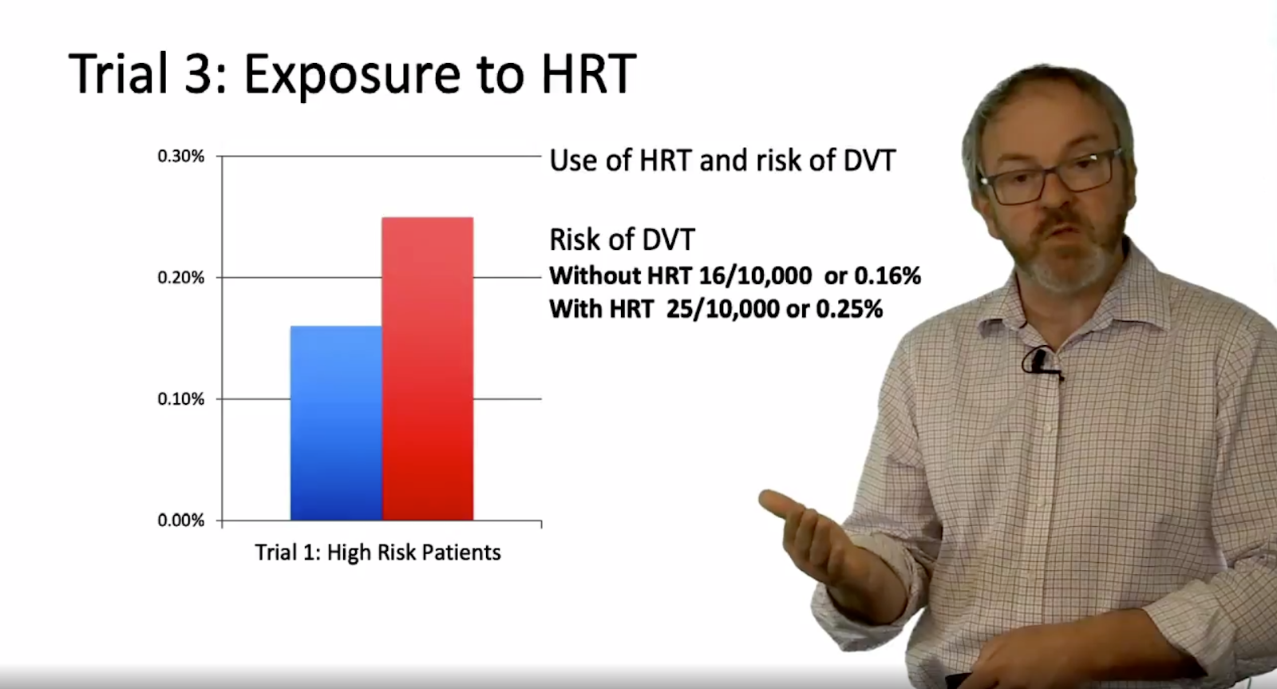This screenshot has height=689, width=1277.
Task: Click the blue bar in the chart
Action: point(336,422)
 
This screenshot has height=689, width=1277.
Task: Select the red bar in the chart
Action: point(428,369)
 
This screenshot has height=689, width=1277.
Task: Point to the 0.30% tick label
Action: point(180,156)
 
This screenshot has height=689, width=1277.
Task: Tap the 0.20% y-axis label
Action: point(180,278)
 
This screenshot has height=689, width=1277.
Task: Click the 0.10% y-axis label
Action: point(180,399)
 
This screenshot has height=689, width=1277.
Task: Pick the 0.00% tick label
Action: point(180,521)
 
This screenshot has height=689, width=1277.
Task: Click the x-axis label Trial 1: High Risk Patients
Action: point(378,552)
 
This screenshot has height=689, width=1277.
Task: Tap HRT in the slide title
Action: point(589,73)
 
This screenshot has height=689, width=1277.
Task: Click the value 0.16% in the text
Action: point(887,276)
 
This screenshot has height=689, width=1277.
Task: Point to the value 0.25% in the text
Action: point(849,310)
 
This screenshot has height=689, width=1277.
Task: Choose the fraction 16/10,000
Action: point(755,276)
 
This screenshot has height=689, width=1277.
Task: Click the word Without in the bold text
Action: point(595,276)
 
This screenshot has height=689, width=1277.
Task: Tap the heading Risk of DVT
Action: point(623,240)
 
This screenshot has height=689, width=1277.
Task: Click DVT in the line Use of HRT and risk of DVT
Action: point(869,160)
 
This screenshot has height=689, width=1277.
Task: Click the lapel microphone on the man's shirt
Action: point(1039,362)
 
